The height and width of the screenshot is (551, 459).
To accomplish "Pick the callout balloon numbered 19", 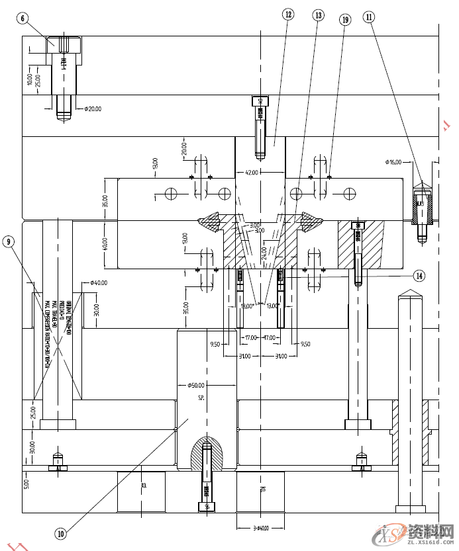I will coord(344,20).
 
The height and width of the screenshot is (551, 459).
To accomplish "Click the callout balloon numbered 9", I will coord(9,242).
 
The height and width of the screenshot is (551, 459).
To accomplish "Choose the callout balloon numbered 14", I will coord(418,275).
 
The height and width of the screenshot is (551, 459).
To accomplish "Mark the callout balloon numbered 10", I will coord(60,532).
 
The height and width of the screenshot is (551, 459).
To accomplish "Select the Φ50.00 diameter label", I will coord(197,385).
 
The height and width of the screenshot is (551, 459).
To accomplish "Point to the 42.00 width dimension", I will coord(252,172).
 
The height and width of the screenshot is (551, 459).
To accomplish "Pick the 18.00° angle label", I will coord(246,306).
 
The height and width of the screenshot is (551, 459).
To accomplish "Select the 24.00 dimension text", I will coord(264,253).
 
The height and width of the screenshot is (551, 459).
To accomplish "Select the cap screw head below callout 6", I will coord(65,45).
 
